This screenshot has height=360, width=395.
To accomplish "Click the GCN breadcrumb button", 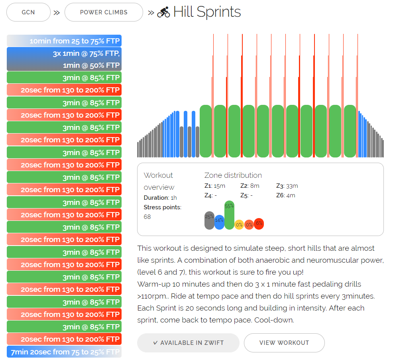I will click(x=28, y=12).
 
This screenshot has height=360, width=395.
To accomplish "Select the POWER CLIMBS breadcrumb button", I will click(x=104, y=12).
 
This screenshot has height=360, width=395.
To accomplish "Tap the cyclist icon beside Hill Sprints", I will click(x=163, y=12).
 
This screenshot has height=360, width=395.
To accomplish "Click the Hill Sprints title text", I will click(x=207, y=12).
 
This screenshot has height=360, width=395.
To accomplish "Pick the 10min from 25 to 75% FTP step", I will click(x=64, y=41).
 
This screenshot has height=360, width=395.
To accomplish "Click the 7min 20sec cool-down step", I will click(x=64, y=352).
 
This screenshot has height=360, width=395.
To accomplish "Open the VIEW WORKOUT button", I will click(x=284, y=343).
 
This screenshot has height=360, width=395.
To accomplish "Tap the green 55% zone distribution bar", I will click(x=229, y=215).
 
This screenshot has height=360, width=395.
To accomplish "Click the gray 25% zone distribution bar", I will click(x=209, y=220).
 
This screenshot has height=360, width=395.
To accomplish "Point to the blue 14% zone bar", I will click(x=219, y=222).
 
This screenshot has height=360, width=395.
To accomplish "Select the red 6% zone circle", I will click(x=259, y=224).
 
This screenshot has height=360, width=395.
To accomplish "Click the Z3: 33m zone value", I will click(x=287, y=186).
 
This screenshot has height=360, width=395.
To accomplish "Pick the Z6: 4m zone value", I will click(x=286, y=195).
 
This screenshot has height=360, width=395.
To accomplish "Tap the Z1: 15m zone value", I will click(x=214, y=186).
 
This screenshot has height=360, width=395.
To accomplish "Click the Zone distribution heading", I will click(x=233, y=175).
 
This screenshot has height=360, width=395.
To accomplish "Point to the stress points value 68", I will click(x=147, y=216).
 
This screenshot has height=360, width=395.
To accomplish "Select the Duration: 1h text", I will click(x=160, y=198).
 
